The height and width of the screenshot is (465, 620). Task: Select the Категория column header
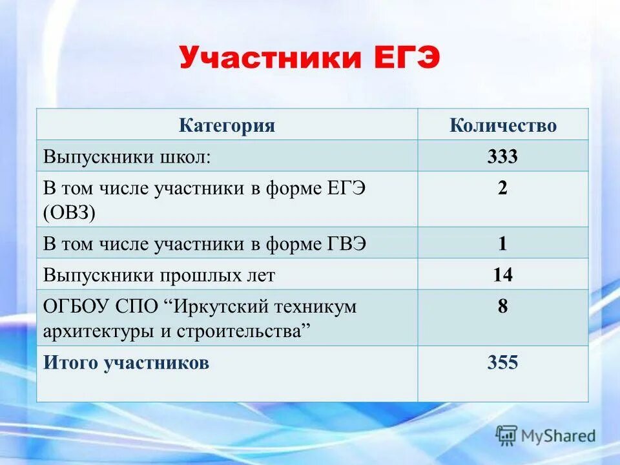click(x=227, y=125)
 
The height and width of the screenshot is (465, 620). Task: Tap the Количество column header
click(x=502, y=125)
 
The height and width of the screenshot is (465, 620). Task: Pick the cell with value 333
click(x=502, y=157)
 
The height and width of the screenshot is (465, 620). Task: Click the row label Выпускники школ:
click(x=127, y=157)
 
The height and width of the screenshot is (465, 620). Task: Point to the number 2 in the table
click(x=502, y=189)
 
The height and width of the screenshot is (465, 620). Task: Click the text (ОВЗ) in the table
click(x=70, y=212)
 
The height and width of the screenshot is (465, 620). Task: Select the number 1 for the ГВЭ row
click(x=502, y=244)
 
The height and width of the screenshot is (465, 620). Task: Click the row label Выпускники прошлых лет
click(x=159, y=276)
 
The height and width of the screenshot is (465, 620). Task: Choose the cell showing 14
click(x=502, y=276)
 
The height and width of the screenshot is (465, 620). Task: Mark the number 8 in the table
click(x=502, y=306)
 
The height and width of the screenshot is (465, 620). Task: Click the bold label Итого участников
click(x=126, y=363)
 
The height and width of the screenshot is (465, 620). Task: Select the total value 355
click(x=502, y=363)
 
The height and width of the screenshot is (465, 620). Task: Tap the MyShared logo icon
click(x=506, y=435)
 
